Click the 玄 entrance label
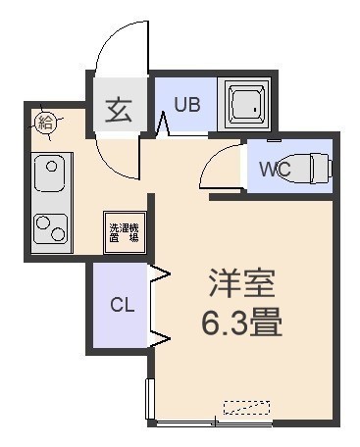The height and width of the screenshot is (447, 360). point(119,110)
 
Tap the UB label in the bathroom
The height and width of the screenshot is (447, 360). point(187,105)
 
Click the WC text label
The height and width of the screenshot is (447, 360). point(275,169)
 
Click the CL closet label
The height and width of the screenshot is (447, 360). point(123,305)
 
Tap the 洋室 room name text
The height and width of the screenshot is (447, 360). point(241,283)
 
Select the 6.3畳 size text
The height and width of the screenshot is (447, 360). point(241,322)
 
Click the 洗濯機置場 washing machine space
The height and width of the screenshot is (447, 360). point(125,232)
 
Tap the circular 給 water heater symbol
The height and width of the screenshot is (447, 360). point(45,123)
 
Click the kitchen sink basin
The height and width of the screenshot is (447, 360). point(50,174)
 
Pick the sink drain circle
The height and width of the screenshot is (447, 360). point(51,167)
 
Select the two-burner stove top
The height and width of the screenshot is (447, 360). point(50,228)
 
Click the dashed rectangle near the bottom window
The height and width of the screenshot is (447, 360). point(246,408)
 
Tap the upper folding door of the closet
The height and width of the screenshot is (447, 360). point(159,273)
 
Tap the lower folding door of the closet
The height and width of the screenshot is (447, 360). point(159,339)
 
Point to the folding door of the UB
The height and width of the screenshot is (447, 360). point(163,124)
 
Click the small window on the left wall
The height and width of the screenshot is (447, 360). point(150,399)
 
